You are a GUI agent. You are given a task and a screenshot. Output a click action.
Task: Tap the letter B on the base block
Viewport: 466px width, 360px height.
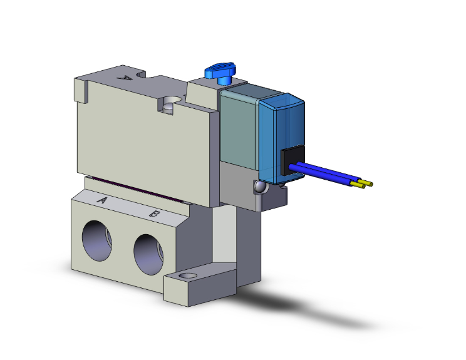point(153,214)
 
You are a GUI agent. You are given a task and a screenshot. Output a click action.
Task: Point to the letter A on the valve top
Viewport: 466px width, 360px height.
point(125,78)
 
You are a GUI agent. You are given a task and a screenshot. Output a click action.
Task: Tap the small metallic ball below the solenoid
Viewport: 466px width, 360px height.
point(258,186)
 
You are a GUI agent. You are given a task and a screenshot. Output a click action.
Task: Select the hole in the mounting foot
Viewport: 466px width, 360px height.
point(187,277)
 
